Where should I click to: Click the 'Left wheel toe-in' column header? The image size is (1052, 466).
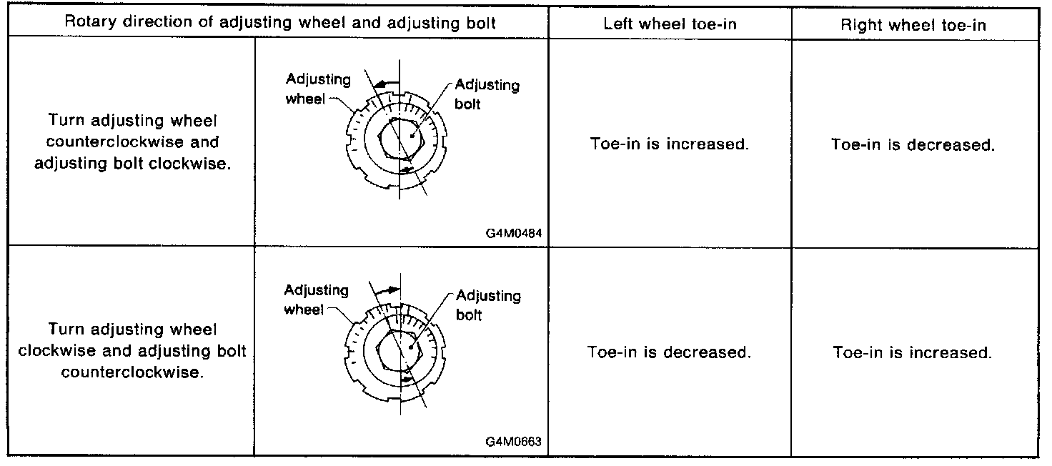670,24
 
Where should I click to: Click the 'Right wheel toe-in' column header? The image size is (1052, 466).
913,24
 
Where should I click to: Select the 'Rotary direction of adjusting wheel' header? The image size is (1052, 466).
280,22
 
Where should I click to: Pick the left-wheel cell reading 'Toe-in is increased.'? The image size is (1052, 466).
670,144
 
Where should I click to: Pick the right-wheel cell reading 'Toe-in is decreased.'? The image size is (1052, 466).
913,144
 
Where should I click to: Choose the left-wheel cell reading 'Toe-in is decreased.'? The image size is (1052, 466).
669,352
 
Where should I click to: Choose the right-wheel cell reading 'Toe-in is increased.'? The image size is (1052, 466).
913,352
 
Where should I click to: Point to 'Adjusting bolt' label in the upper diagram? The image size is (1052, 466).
487,94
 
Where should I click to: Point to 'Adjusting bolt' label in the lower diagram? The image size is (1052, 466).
488,304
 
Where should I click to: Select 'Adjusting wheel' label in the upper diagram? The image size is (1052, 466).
318,89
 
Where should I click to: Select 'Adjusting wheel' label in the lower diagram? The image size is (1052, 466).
316,299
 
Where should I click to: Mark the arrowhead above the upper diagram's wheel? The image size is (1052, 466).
380,84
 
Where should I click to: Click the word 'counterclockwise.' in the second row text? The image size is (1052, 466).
133,372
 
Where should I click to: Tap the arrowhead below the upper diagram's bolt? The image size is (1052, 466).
405,169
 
